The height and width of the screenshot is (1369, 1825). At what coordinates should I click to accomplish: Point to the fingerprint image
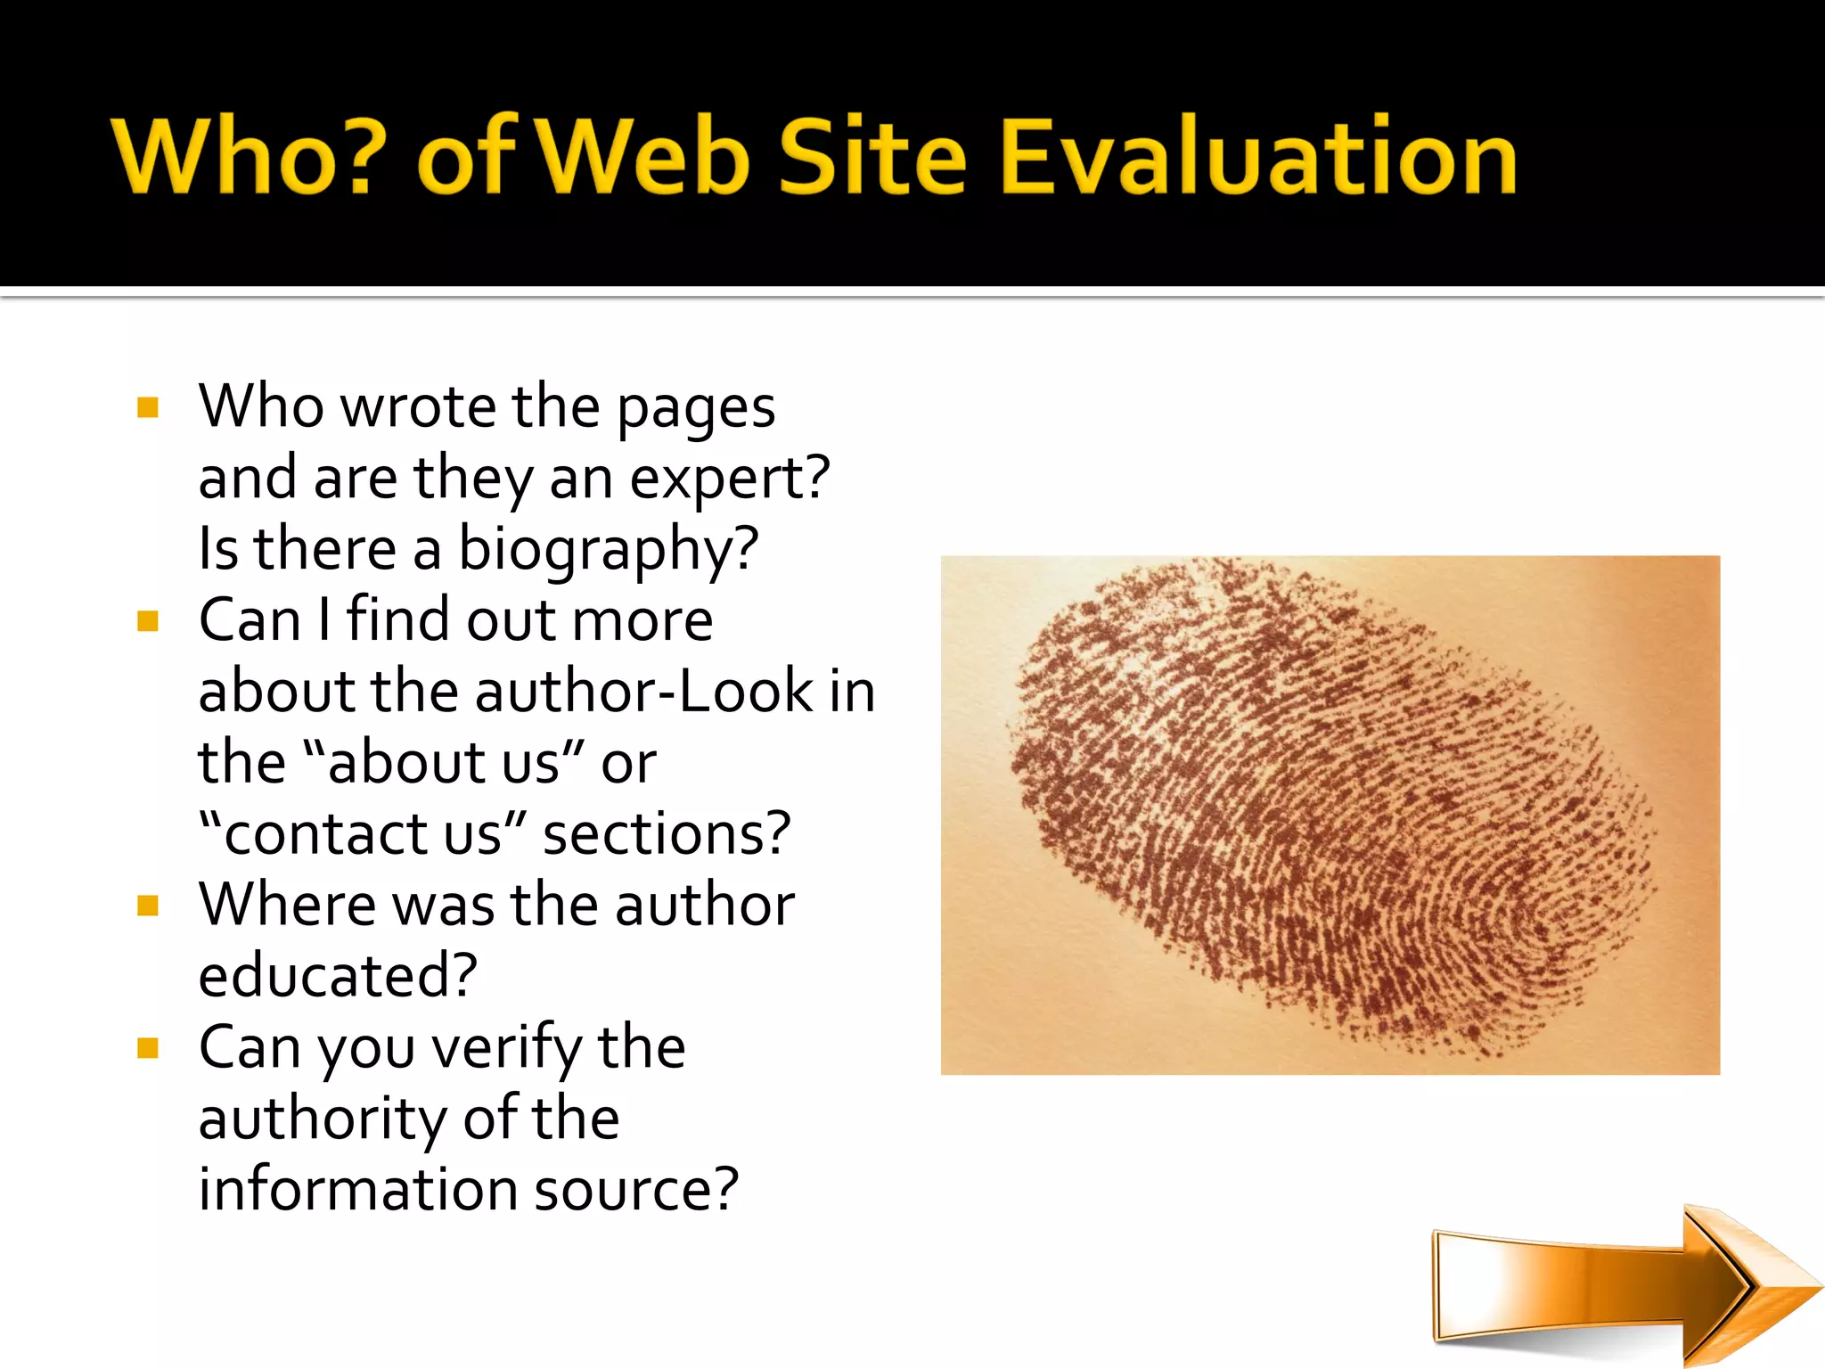click(1330, 815)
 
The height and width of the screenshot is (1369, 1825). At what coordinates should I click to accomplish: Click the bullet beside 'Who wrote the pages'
click(148, 408)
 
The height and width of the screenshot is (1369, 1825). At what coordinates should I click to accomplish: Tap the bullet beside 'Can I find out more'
click(148, 621)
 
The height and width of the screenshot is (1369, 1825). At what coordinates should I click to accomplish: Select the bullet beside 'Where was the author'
click(148, 906)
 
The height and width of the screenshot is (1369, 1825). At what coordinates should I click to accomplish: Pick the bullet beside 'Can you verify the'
click(148, 1048)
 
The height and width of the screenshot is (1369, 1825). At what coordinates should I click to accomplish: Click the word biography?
click(608, 550)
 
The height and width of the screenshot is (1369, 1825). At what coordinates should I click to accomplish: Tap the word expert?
click(729, 480)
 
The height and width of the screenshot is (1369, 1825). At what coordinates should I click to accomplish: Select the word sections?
click(667, 834)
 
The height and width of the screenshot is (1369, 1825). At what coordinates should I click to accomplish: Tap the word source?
click(636, 1191)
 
